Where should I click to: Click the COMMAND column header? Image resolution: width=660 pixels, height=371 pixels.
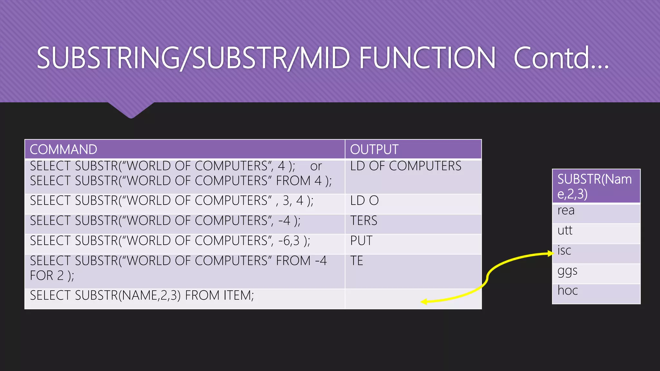63,149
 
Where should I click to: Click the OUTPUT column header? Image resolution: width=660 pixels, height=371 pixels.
374,149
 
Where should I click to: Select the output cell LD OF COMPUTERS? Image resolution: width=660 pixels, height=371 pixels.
405,166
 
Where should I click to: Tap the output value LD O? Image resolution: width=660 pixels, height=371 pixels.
364,201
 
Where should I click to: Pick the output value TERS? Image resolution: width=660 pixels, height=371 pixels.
364,221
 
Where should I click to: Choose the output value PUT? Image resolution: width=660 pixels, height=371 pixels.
361,241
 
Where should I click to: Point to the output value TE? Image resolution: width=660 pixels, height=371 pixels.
357,261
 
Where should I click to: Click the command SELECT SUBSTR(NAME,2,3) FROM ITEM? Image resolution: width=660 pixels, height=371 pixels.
142,295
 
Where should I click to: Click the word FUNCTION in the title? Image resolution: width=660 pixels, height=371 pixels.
427,58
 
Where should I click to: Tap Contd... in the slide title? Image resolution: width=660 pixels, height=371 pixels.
561,58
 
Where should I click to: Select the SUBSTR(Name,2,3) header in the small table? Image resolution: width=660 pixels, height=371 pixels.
595,186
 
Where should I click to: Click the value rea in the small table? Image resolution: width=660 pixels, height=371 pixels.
566,211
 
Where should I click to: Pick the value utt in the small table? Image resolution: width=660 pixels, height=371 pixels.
565,231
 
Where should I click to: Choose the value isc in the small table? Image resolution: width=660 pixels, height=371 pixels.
564,251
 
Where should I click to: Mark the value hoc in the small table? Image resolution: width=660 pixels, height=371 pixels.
568,290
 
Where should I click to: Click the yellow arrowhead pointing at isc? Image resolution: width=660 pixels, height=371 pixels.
550,253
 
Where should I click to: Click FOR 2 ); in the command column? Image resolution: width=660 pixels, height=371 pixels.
52,276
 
